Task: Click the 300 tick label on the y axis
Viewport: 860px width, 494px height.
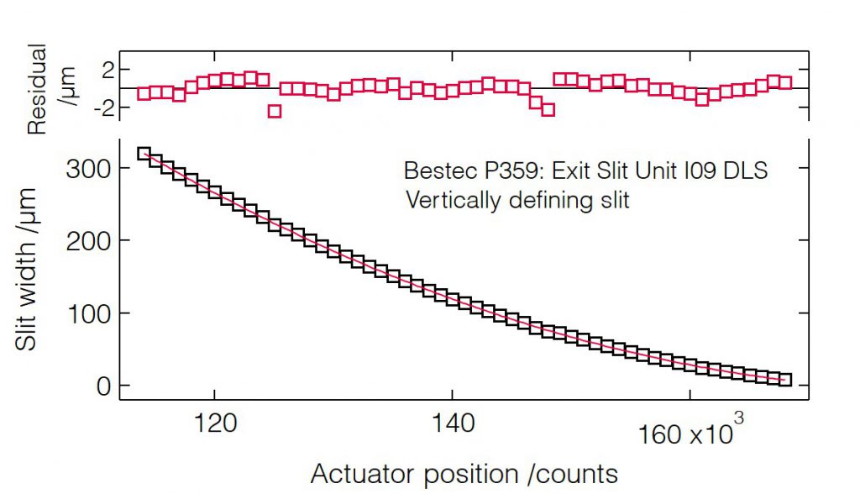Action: coord(88,169)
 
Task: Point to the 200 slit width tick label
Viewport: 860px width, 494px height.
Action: coord(88,241)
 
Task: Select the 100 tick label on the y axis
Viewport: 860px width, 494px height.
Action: coord(88,313)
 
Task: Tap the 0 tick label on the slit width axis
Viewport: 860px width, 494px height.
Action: coord(102,386)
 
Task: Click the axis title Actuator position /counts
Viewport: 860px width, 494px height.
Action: coord(464,474)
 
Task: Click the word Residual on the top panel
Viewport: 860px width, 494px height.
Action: coord(37,91)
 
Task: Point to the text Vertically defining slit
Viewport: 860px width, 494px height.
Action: coord(517,201)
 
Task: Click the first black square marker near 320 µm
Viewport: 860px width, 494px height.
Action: coord(144,154)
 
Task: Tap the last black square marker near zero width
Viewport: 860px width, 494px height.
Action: coord(785,380)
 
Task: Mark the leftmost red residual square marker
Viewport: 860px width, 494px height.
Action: coord(144,94)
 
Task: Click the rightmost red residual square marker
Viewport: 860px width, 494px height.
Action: coord(785,82)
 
